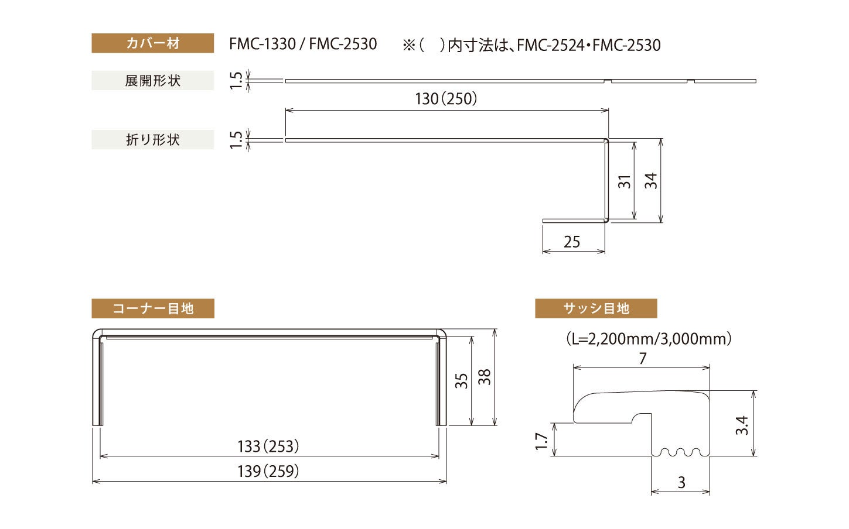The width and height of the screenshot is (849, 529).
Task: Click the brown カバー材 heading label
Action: (x=152, y=43)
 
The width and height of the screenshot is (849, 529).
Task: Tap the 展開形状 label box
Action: (x=152, y=81)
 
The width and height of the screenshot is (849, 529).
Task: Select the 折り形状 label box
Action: (x=152, y=140)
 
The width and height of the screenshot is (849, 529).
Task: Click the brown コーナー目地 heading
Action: (x=152, y=308)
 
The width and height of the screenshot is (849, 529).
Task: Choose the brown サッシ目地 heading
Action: (x=595, y=308)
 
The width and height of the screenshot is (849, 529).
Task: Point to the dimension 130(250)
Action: (x=446, y=99)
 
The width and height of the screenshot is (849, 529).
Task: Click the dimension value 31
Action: (x=625, y=181)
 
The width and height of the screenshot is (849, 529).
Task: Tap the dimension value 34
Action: (x=651, y=181)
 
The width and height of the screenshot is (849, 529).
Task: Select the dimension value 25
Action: (x=571, y=242)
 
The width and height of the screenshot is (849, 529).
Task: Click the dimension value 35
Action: (x=462, y=381)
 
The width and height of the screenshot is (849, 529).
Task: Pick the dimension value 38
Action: (x=485, y=377)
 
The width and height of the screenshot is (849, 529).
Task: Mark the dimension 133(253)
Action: (x=268, y=447)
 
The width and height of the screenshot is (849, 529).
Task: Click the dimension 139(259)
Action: (x=268, y=471)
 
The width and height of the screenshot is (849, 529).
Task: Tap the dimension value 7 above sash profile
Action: (x=643, y=358)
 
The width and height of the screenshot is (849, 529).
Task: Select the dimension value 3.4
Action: (x=742, y=425)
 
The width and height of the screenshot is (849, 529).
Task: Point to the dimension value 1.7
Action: (x=542, y=442)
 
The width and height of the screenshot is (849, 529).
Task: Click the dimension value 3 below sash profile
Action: (x=681, y=483)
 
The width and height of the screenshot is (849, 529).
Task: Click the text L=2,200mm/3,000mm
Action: (x=649, y=338)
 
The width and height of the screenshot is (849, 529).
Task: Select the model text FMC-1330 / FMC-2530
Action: (x=303, y=44)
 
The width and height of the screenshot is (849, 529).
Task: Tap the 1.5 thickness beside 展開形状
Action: (x=236, y=81)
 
